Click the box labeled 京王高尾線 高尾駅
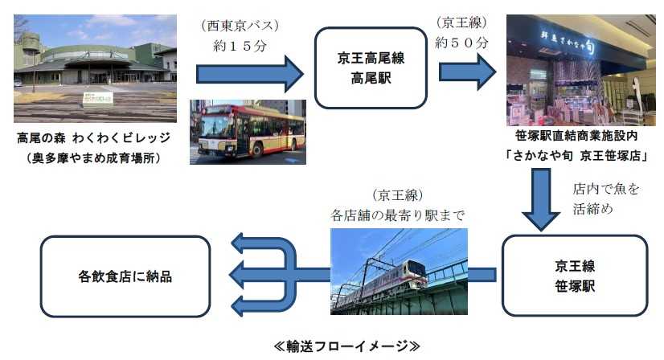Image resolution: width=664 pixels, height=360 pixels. tap(369, 68)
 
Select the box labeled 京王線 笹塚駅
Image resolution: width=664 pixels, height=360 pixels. tap(574, 276)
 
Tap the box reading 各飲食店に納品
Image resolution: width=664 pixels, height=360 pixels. tap(125, 276)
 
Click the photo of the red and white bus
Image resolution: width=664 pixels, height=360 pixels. tap(247, 132)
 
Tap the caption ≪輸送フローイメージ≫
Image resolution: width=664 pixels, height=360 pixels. tap(346, 346)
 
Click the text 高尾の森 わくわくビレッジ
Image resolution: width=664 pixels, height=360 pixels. tap(93, 138)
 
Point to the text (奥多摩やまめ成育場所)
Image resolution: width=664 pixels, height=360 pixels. tap(93, 157)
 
